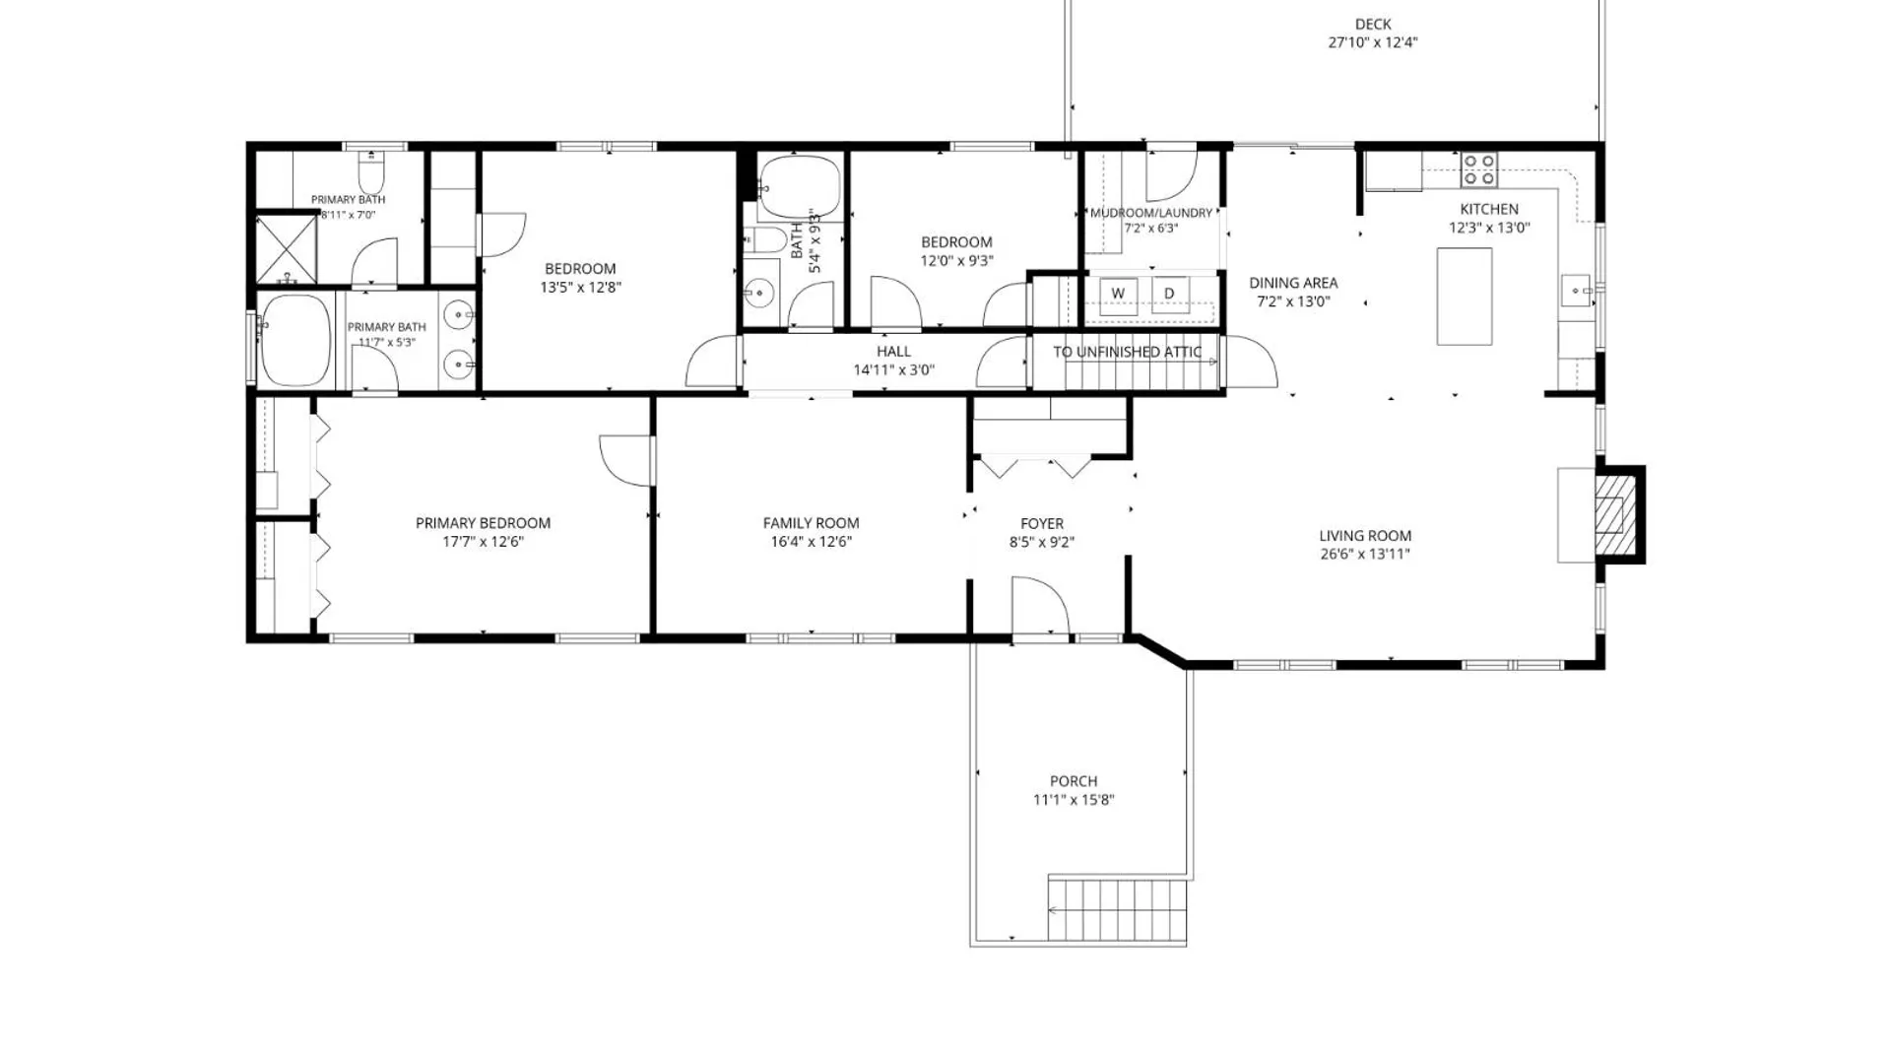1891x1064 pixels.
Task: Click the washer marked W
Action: pyautogui.click(x=1118, y=295)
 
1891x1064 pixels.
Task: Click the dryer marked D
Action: pyautogui.click(x=1169, y=295)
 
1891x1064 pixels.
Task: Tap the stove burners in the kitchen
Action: pyautogui.click(x=1478, y=169)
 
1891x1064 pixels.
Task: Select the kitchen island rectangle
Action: pyautogui.click(x=1465, y=297)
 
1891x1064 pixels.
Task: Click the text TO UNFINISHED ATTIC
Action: pyautogui.click(x=1128, y=352)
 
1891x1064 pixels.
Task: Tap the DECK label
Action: pyautogui.click(x=1373, y=25)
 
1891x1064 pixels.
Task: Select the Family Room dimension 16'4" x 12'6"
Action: pyautogui.click(x=811, y=542)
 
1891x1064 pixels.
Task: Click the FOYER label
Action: pyautogui.click(x=1042, y=524)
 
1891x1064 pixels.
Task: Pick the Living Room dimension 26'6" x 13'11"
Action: pyautogui.click(x=1365, y=554)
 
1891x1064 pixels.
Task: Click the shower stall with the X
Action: pyautogui.click(x=287, y=249)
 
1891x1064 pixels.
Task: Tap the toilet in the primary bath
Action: pyautogui.click(x=371, y=172)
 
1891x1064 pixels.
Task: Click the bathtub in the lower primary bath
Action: pyautogui.click(x=295, y=341)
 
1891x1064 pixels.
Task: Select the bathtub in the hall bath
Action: pyautogui.click(x=800, y=186)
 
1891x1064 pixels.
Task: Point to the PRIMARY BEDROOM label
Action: pyautogui.click(x=483, y=523)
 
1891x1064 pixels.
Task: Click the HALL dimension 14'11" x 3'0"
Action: pyautogui.click(x=893, y=370)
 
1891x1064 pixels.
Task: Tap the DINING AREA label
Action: pyautogui.click(x=1293, y=284)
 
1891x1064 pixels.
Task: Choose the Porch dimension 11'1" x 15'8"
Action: pyautogui.click(x=1074, y=800)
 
